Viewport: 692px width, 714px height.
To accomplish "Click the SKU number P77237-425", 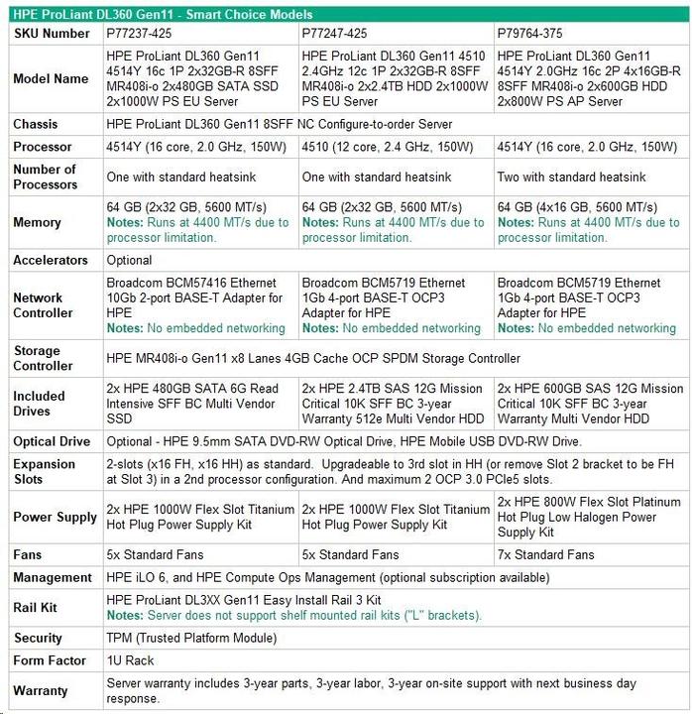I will tap(139, 33).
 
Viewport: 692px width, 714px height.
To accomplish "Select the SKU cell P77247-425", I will tap(335, 33).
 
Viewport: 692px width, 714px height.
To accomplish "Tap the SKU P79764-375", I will tap(531, 33).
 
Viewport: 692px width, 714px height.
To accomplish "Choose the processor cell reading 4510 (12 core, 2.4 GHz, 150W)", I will tap(387, 147).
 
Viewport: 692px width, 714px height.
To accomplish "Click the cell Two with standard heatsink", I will tap(572, 178).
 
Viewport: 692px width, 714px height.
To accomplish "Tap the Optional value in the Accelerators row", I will tap(129, 260).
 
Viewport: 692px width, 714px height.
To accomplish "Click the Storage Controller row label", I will tap(44, 358).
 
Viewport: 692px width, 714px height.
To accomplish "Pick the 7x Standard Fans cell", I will tap(546, 554).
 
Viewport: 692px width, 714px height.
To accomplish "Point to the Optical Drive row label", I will tap(52, 441).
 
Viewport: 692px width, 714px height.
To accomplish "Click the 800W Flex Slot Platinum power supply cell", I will tap(590, 517).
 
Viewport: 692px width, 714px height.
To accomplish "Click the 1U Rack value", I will tap(130, 660).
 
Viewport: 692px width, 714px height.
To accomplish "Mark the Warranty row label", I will tap(41, 690).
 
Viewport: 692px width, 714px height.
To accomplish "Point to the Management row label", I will tap(53, 577).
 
